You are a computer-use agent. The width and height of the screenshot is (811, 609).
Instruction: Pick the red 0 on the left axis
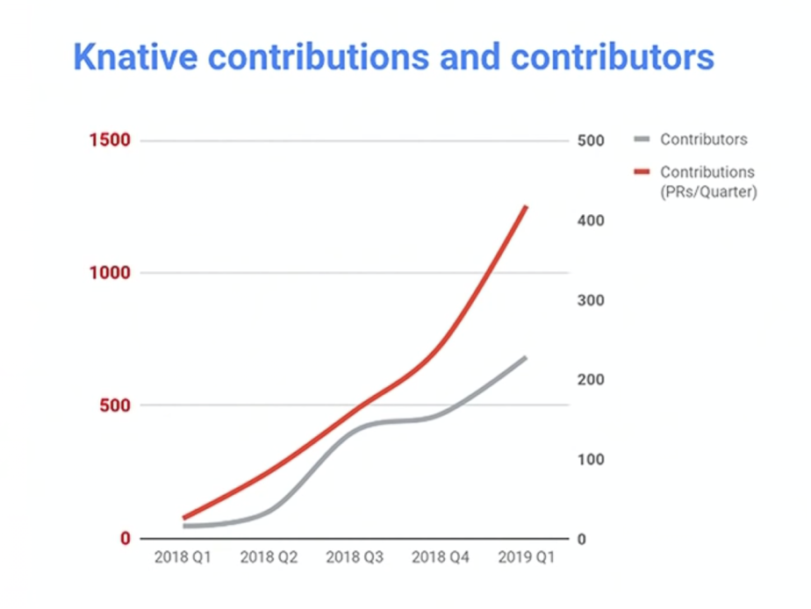(x=125, y=538)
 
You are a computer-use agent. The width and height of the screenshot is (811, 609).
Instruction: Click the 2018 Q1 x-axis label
(x=183, y=557)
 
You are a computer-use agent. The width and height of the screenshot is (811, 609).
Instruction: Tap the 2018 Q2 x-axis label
(x=269, y=557)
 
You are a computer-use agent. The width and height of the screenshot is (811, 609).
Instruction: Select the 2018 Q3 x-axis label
(x=355, y=557)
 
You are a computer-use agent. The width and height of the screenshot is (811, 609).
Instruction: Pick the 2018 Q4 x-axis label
(x=441, y=557)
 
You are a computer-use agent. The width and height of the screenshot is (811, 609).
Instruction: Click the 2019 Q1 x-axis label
(x=526, y=557)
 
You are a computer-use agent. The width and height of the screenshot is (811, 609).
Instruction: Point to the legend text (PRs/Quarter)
(x=707, y=190)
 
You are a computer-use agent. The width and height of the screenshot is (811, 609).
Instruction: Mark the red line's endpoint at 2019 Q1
(x=526, y=206)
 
